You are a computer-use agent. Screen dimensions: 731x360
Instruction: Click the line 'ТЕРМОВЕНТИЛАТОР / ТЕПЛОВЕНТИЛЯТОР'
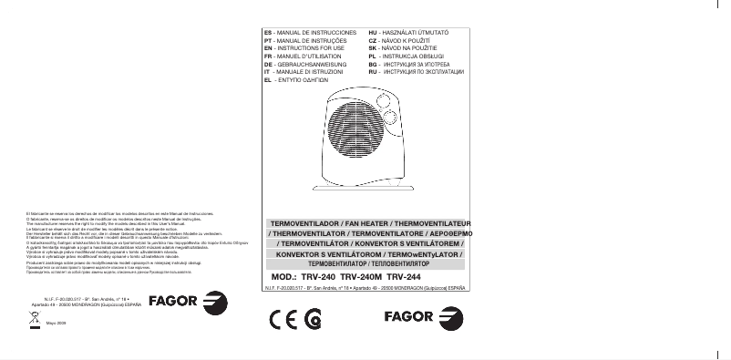click(365, 264)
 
